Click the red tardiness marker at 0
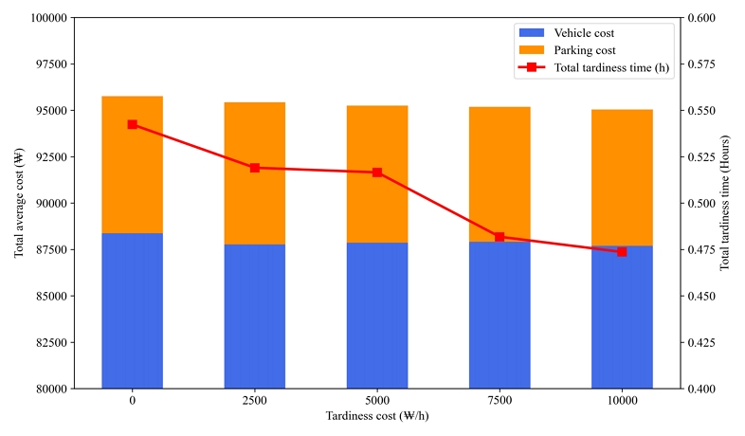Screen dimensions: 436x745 (x=133, y=124)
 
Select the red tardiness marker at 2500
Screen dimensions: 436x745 (x=255, y=168)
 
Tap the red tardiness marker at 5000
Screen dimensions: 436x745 (x=377, y=173)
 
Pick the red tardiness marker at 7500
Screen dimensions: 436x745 (x=500, y=237)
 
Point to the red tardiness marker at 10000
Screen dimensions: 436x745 (x=622, y=252)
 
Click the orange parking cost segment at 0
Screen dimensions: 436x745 (x=133, y=164)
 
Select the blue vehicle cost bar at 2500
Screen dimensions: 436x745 (x=255, y=316)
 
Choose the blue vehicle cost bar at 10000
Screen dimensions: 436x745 (x=622, y=317)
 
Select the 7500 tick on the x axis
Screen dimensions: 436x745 (x=500, y=401)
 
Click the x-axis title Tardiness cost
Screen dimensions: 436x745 (x=376, y=416)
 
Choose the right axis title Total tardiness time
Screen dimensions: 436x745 (x=725, y=203)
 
